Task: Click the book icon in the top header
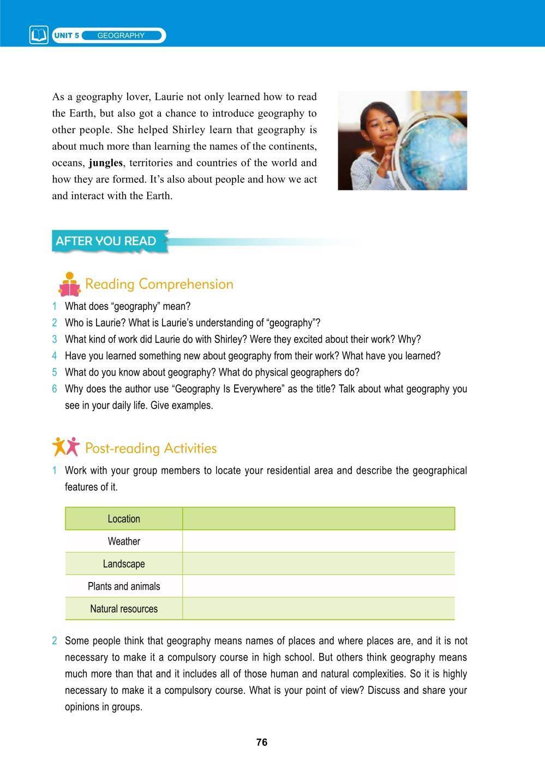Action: point(39,35)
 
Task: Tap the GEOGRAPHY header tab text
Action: point(121,35)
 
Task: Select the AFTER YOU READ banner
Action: point(106,241)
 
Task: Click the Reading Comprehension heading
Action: point(159,284)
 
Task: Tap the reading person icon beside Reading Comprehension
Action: point(69,284)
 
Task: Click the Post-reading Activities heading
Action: point(151,448)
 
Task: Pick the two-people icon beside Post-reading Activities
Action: point(66,447)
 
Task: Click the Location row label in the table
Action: point(124,519)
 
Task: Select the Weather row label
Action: point(124,541)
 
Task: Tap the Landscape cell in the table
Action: point(124,563)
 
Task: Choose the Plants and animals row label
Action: point(124,586)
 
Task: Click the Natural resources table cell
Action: point(124,609)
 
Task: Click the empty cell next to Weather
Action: point(318,541)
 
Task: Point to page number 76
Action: point(262,743)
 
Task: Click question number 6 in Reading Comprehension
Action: point(55,389)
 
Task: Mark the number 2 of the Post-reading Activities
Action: point(55,641)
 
